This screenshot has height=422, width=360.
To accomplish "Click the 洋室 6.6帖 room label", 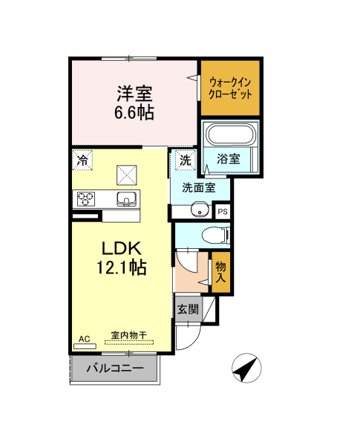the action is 134,103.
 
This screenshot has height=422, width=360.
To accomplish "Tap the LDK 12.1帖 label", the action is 122,258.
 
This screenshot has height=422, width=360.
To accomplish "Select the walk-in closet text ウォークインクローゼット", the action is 230,88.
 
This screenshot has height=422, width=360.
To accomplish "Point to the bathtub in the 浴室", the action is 231,134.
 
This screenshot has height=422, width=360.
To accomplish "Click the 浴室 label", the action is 229,159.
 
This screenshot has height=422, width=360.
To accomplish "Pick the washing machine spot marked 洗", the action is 186,160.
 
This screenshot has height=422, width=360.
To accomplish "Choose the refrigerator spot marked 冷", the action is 82,160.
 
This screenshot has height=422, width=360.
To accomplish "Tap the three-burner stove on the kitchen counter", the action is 86,199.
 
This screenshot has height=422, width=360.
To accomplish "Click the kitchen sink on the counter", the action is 126,199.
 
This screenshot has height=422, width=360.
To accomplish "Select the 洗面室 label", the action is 199,187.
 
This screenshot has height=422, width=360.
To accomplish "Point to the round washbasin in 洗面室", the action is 200,210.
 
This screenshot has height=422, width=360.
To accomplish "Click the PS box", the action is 223,212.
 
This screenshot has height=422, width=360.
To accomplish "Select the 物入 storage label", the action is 220,272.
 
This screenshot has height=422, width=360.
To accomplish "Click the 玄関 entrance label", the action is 188,309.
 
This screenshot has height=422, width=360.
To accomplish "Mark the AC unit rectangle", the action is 85,346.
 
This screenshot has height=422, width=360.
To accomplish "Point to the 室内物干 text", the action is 128,335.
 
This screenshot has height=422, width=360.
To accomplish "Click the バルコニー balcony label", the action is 115,368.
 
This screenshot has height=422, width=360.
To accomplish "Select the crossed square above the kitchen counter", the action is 127,175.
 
